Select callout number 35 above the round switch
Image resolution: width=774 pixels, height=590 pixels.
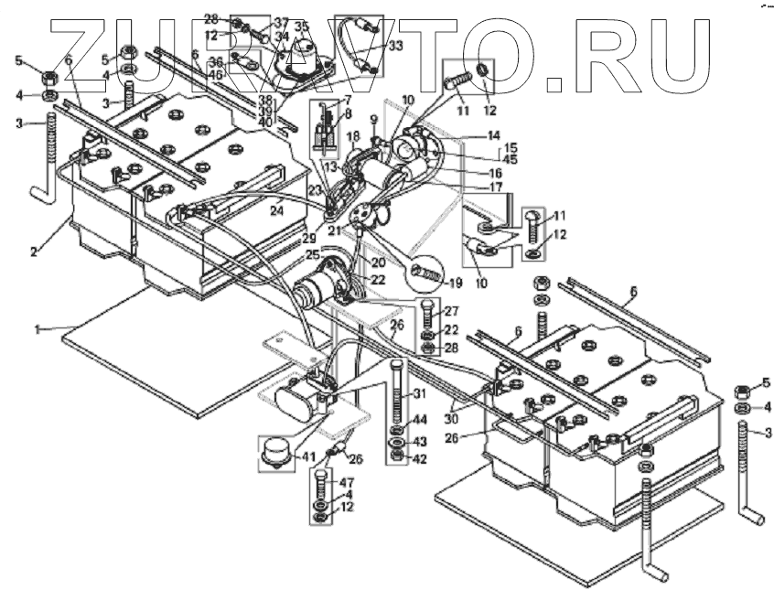[x=302, y=27]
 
